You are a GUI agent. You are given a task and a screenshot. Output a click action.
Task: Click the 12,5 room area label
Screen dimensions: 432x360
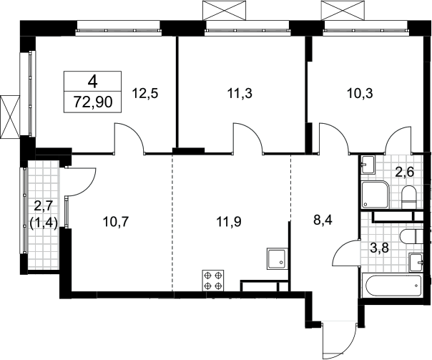145,94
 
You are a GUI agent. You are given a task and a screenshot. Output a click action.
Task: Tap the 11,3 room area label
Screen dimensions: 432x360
240,94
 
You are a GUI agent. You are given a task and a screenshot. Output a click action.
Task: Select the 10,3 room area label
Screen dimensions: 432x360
360,94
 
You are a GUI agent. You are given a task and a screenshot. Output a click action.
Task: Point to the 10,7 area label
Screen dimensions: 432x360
115,222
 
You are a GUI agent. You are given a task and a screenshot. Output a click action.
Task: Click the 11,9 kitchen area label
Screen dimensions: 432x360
229,222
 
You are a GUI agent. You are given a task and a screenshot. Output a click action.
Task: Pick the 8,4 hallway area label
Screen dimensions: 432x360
324,220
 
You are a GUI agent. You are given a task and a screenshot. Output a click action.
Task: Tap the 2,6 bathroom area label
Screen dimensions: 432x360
404,172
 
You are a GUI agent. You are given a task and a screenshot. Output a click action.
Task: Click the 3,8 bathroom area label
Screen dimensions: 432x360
379,249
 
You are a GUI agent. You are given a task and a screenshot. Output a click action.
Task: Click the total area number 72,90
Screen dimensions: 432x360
93,102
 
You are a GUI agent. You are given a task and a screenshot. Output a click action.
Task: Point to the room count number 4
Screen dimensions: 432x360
93,82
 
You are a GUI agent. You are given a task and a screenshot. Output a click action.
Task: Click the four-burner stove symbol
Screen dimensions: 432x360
213,281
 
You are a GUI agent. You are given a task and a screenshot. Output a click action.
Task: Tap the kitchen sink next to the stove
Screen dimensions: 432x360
277,259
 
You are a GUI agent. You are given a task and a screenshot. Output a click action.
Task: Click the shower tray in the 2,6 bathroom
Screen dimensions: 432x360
375,195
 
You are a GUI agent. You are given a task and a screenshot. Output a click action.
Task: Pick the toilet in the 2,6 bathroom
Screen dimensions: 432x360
408,197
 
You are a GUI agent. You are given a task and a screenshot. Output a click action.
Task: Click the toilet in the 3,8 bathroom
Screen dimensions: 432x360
411,235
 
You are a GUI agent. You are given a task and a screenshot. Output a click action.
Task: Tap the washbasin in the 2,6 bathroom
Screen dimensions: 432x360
368,165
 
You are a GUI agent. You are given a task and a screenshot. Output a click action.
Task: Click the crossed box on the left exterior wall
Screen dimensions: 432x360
11,117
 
